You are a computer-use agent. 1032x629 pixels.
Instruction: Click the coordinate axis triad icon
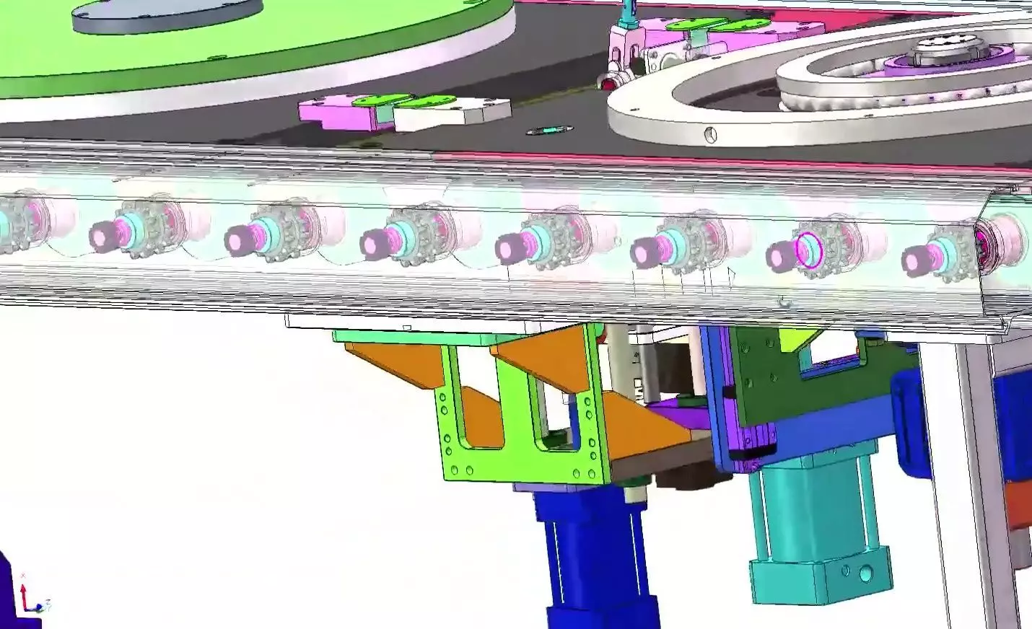tap(29, 596)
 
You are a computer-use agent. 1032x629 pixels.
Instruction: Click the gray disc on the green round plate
tap(166, 15)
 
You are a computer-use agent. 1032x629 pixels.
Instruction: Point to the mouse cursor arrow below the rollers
tap(731, 276)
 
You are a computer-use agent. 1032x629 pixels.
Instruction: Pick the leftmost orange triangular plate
tap(390, 364)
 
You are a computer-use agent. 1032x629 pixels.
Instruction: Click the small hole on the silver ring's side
tap(712, 136)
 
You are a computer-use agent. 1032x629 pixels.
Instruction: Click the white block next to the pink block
tap(447, 115)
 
